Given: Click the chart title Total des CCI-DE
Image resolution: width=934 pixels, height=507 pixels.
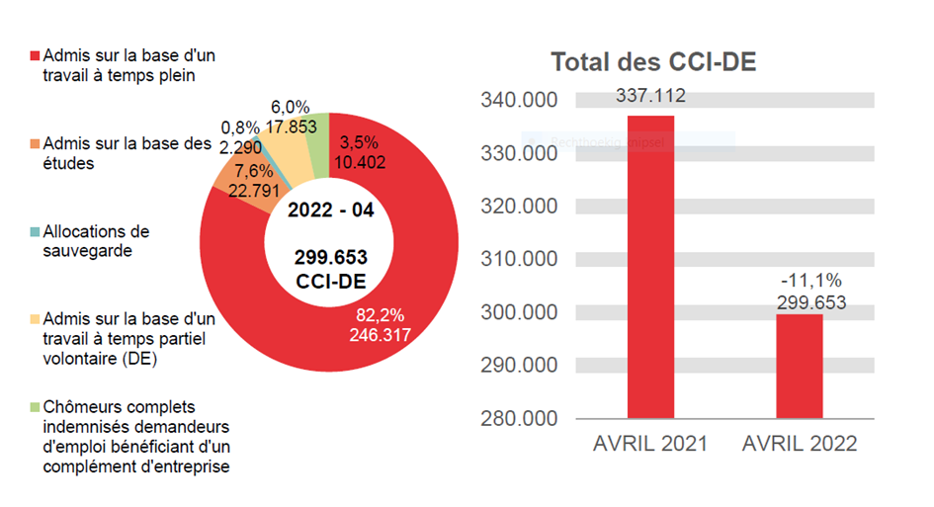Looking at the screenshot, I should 653,63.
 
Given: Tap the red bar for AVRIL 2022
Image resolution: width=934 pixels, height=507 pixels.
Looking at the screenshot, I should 799,365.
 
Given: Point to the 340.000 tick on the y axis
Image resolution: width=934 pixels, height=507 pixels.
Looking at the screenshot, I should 519,100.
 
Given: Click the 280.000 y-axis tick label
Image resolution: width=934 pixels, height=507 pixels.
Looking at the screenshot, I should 519,417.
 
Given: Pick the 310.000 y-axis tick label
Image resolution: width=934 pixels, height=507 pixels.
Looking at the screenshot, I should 519,259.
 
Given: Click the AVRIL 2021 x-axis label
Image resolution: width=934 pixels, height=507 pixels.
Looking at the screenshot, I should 650,444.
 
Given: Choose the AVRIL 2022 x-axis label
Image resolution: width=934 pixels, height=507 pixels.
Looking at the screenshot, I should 800,444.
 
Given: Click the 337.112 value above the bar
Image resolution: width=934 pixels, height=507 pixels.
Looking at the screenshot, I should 650,96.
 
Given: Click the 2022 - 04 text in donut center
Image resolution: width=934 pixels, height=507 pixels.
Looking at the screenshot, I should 331,211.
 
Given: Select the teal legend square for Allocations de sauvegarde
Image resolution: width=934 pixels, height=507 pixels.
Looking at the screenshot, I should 36,232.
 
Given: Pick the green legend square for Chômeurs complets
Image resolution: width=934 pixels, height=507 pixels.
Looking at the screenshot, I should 36,408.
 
